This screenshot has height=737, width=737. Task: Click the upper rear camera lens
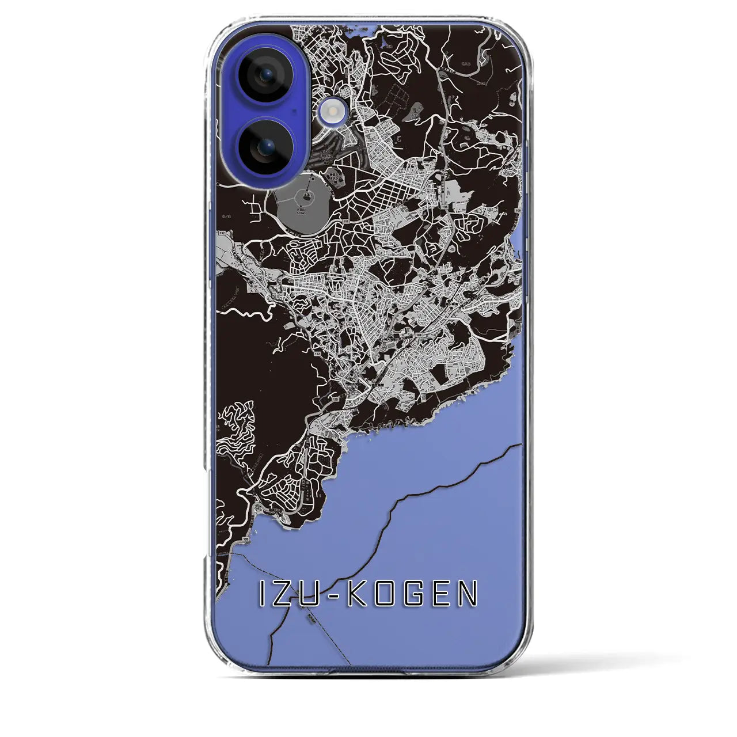pyautogui.click(x=266, y=74)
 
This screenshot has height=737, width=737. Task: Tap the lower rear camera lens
pyautogui.click(x=266, y=147)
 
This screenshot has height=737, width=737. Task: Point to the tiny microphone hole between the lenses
pyautogui.click(x=295, y=110)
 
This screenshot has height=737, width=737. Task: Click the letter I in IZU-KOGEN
pyautogui.click(x=263, y=594)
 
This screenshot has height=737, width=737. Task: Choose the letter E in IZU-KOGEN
pyautogui.click(x=444, y=594)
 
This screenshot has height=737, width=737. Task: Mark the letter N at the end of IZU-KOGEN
pyautogui.click(x=469, y=594)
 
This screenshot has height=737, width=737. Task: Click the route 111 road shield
pyautogui.click(x=347, y=221)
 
